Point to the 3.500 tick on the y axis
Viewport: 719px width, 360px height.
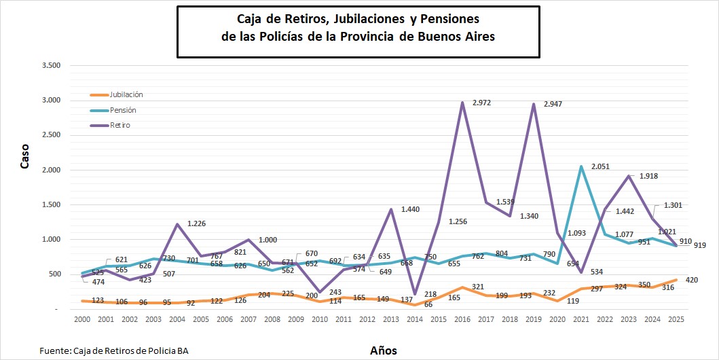pos(52,66)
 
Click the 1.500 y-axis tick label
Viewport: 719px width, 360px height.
pos(52,205)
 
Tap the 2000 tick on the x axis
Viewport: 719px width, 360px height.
pos(81,319)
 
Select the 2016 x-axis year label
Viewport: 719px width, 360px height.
pos(462,319)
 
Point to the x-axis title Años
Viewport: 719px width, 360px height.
pos(384,350)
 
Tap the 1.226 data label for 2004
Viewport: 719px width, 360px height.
pos(198,223)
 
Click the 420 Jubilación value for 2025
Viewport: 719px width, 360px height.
pos(692,280)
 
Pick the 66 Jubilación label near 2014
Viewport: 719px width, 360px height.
pos(410,304)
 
